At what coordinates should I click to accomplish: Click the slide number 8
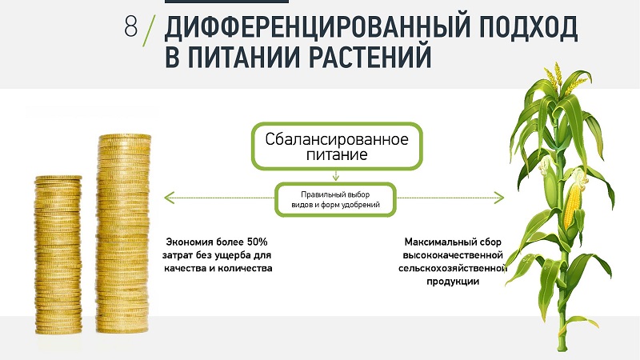[131, 26]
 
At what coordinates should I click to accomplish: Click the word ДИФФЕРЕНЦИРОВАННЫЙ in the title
[316, 29]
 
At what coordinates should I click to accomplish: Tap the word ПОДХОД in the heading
[528, 29]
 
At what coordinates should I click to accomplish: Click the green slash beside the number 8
[150, 30]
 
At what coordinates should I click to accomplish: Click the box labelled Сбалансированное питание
[337, 146]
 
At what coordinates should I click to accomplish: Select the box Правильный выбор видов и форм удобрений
[335, 199]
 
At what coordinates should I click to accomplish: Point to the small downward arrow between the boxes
[336, 176]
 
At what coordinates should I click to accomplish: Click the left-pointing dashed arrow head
[169, 198]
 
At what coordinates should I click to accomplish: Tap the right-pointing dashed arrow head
[499, 198]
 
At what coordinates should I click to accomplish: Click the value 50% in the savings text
[257, 242]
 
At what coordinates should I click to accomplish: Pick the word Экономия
[190, 242]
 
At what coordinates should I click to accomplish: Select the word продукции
[453, 282]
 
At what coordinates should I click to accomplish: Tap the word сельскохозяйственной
[453, 268]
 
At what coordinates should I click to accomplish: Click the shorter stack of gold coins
[58, 254]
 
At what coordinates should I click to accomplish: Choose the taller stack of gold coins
[123, 234]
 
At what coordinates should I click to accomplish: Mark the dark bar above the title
[226, 2]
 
